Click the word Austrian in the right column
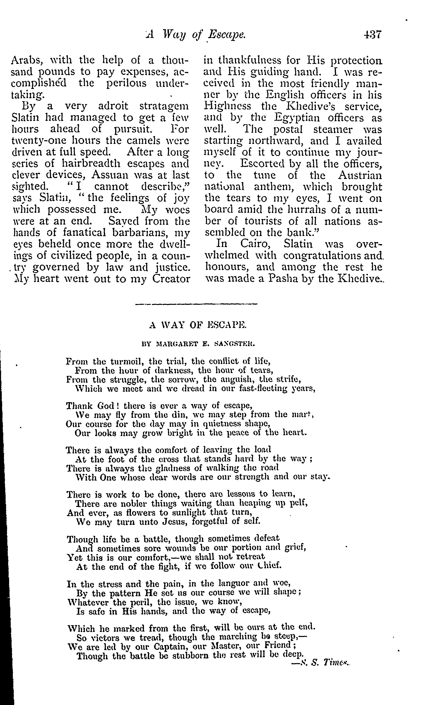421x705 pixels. (360, 175)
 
